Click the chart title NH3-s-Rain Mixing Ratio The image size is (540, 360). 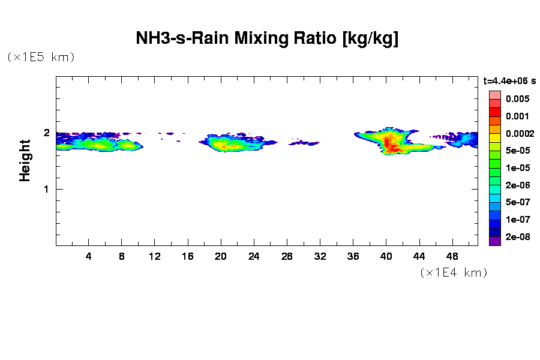[x=267, y=39]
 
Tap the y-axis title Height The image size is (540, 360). [x=25, y=160]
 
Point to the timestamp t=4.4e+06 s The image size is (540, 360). [x=510, y=80]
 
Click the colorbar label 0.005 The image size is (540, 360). [x=517, y=98]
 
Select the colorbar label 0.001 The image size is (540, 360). [x=517, y=116]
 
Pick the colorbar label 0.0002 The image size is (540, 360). [x=519, y=133]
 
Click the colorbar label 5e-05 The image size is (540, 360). [x=517, y=151]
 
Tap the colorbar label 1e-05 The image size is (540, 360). [x=517, y=168]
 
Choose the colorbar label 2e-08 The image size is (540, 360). [x=517, y=237]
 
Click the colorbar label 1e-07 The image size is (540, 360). [x=517, y=220]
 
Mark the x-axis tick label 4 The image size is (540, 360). [x=89, y=257]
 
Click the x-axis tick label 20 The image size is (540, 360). [x=221, y=257]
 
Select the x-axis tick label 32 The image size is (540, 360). [x=320, y=257]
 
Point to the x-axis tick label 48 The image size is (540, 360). [x=452, y=257]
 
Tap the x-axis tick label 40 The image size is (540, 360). [x=386, y=257]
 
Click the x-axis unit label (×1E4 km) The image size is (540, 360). [x=453, y=273]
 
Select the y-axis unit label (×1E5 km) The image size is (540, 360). [x=41, y=58]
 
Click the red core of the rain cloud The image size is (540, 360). [x=391, y=144]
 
